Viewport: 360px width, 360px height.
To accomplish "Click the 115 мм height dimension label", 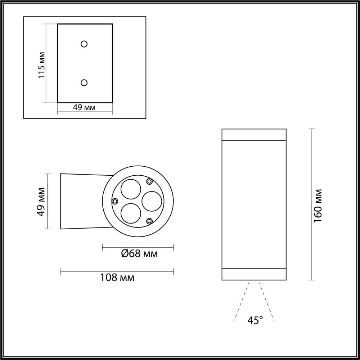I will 42,65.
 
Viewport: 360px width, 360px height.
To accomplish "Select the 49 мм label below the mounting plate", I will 84,108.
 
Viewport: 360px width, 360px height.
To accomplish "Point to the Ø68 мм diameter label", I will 139,254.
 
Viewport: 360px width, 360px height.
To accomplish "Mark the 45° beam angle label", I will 255,320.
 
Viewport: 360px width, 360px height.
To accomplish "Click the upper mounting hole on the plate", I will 84,44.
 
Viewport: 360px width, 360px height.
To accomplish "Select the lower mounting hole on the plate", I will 84,83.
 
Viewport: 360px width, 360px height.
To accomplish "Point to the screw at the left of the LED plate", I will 115,201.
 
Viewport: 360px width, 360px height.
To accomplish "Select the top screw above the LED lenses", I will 149,181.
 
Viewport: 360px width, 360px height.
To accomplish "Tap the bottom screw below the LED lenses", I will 149,220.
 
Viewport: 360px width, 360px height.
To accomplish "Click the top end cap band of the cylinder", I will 254,134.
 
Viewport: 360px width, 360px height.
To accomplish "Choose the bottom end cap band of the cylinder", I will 254,274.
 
